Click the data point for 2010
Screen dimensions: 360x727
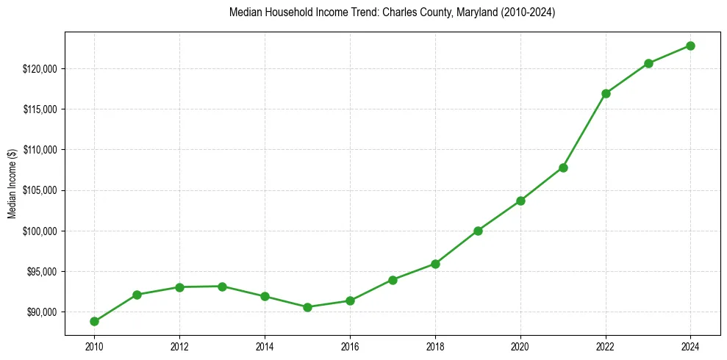(x=94, y=321)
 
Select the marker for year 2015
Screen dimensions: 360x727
(x=307, y=307)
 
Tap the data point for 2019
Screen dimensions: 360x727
(x=478, y=231)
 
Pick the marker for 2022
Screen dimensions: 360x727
(x=606, y=93)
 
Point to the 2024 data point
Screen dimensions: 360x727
(x=691, y=46)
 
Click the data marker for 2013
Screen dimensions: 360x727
(x=222, y=286)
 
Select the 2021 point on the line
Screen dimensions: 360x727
(x=563, y=168)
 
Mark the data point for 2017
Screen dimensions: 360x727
(x=393, y=280)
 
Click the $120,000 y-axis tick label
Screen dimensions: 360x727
(x=43, y=69)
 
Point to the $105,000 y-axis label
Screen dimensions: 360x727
(x=43, y=190)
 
